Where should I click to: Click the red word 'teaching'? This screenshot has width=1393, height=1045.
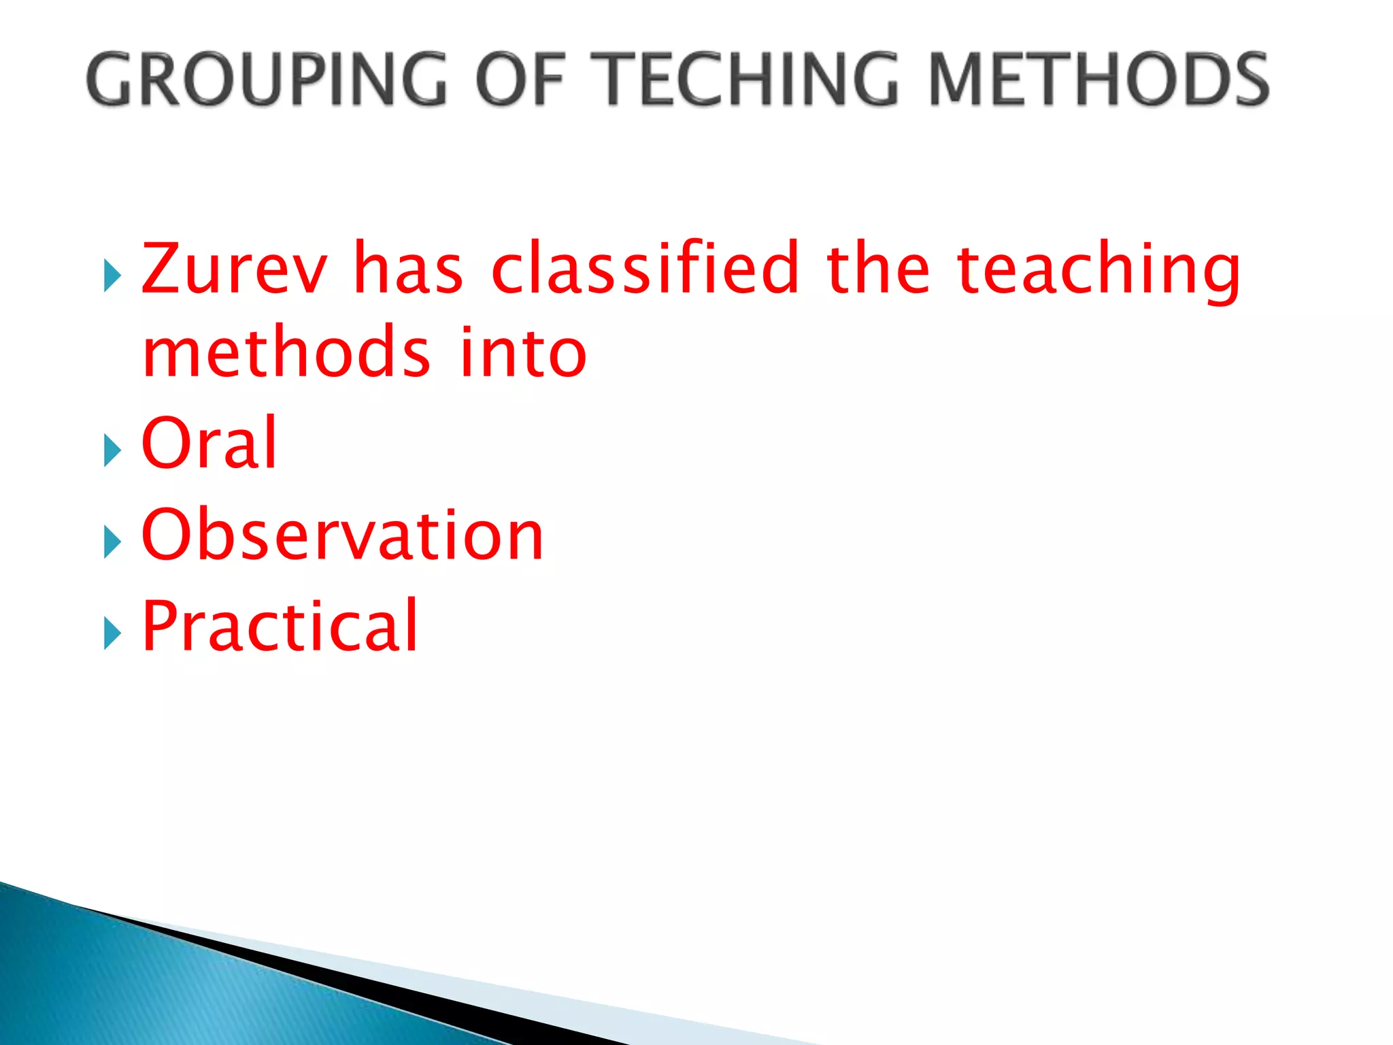click(1098, 271)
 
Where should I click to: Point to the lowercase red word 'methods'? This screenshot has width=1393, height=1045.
click(286, 352)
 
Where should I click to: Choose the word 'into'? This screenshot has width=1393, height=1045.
click(522, 352)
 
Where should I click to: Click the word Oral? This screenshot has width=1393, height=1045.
click(209, 443)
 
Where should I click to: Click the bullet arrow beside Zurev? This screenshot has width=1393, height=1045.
click(112, 276)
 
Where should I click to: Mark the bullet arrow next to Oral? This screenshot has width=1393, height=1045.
click(112, 451)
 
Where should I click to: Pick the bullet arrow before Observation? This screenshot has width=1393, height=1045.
click(112, 543)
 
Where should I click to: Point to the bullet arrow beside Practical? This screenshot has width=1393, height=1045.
click(112, 634)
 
